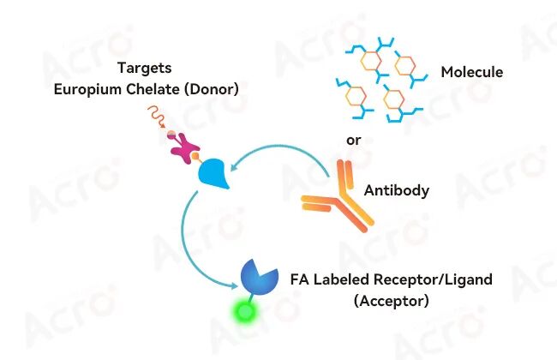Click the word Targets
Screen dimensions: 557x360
click(x=145, y=68)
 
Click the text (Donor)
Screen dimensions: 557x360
click(x=212, y=89)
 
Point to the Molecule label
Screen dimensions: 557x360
click(x=472, y=72)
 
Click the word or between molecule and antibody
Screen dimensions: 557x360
click(x=353, y=141)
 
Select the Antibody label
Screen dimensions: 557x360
click(x=397, y=190)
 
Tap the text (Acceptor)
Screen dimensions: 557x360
click(x=392, y=301)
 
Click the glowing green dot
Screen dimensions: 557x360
click(x=245, y=312)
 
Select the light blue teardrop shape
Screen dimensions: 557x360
click(x=214, y=173)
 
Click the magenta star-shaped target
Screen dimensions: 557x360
click(x=184, y=147)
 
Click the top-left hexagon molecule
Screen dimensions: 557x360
click(x=370, y=62)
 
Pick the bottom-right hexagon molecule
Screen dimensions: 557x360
click(x=395, y=100)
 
